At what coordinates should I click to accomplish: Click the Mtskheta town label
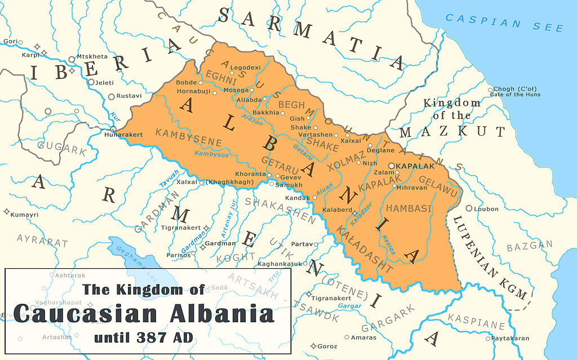pyautogui.click(x=91, y=57)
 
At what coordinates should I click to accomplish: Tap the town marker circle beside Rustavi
pyautogui.click(x=112, y=96)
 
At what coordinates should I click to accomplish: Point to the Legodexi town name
pyautogui.click(x=246, y=68)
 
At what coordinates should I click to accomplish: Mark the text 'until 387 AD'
pyautogui.click(x=143, y=338)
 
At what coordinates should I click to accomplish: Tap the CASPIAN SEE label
pyautogui.click(x=504, y=23)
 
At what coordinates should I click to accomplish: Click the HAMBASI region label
pyautogui.click(x=409, y=208)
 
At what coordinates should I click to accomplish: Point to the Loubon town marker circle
pyautogui.click(x=468, y=208)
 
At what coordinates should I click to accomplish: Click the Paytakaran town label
pyautogui.click(x=510, y=339)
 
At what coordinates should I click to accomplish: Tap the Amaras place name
pyautogui.click(x=363, y=337)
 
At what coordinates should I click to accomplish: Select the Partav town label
pyautogui.click(x=303, y=244)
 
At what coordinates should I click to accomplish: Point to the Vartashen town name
pyautogui.click(x=323, y=136)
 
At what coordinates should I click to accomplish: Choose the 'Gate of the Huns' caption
pyautogui.click(x=517, y=95)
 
